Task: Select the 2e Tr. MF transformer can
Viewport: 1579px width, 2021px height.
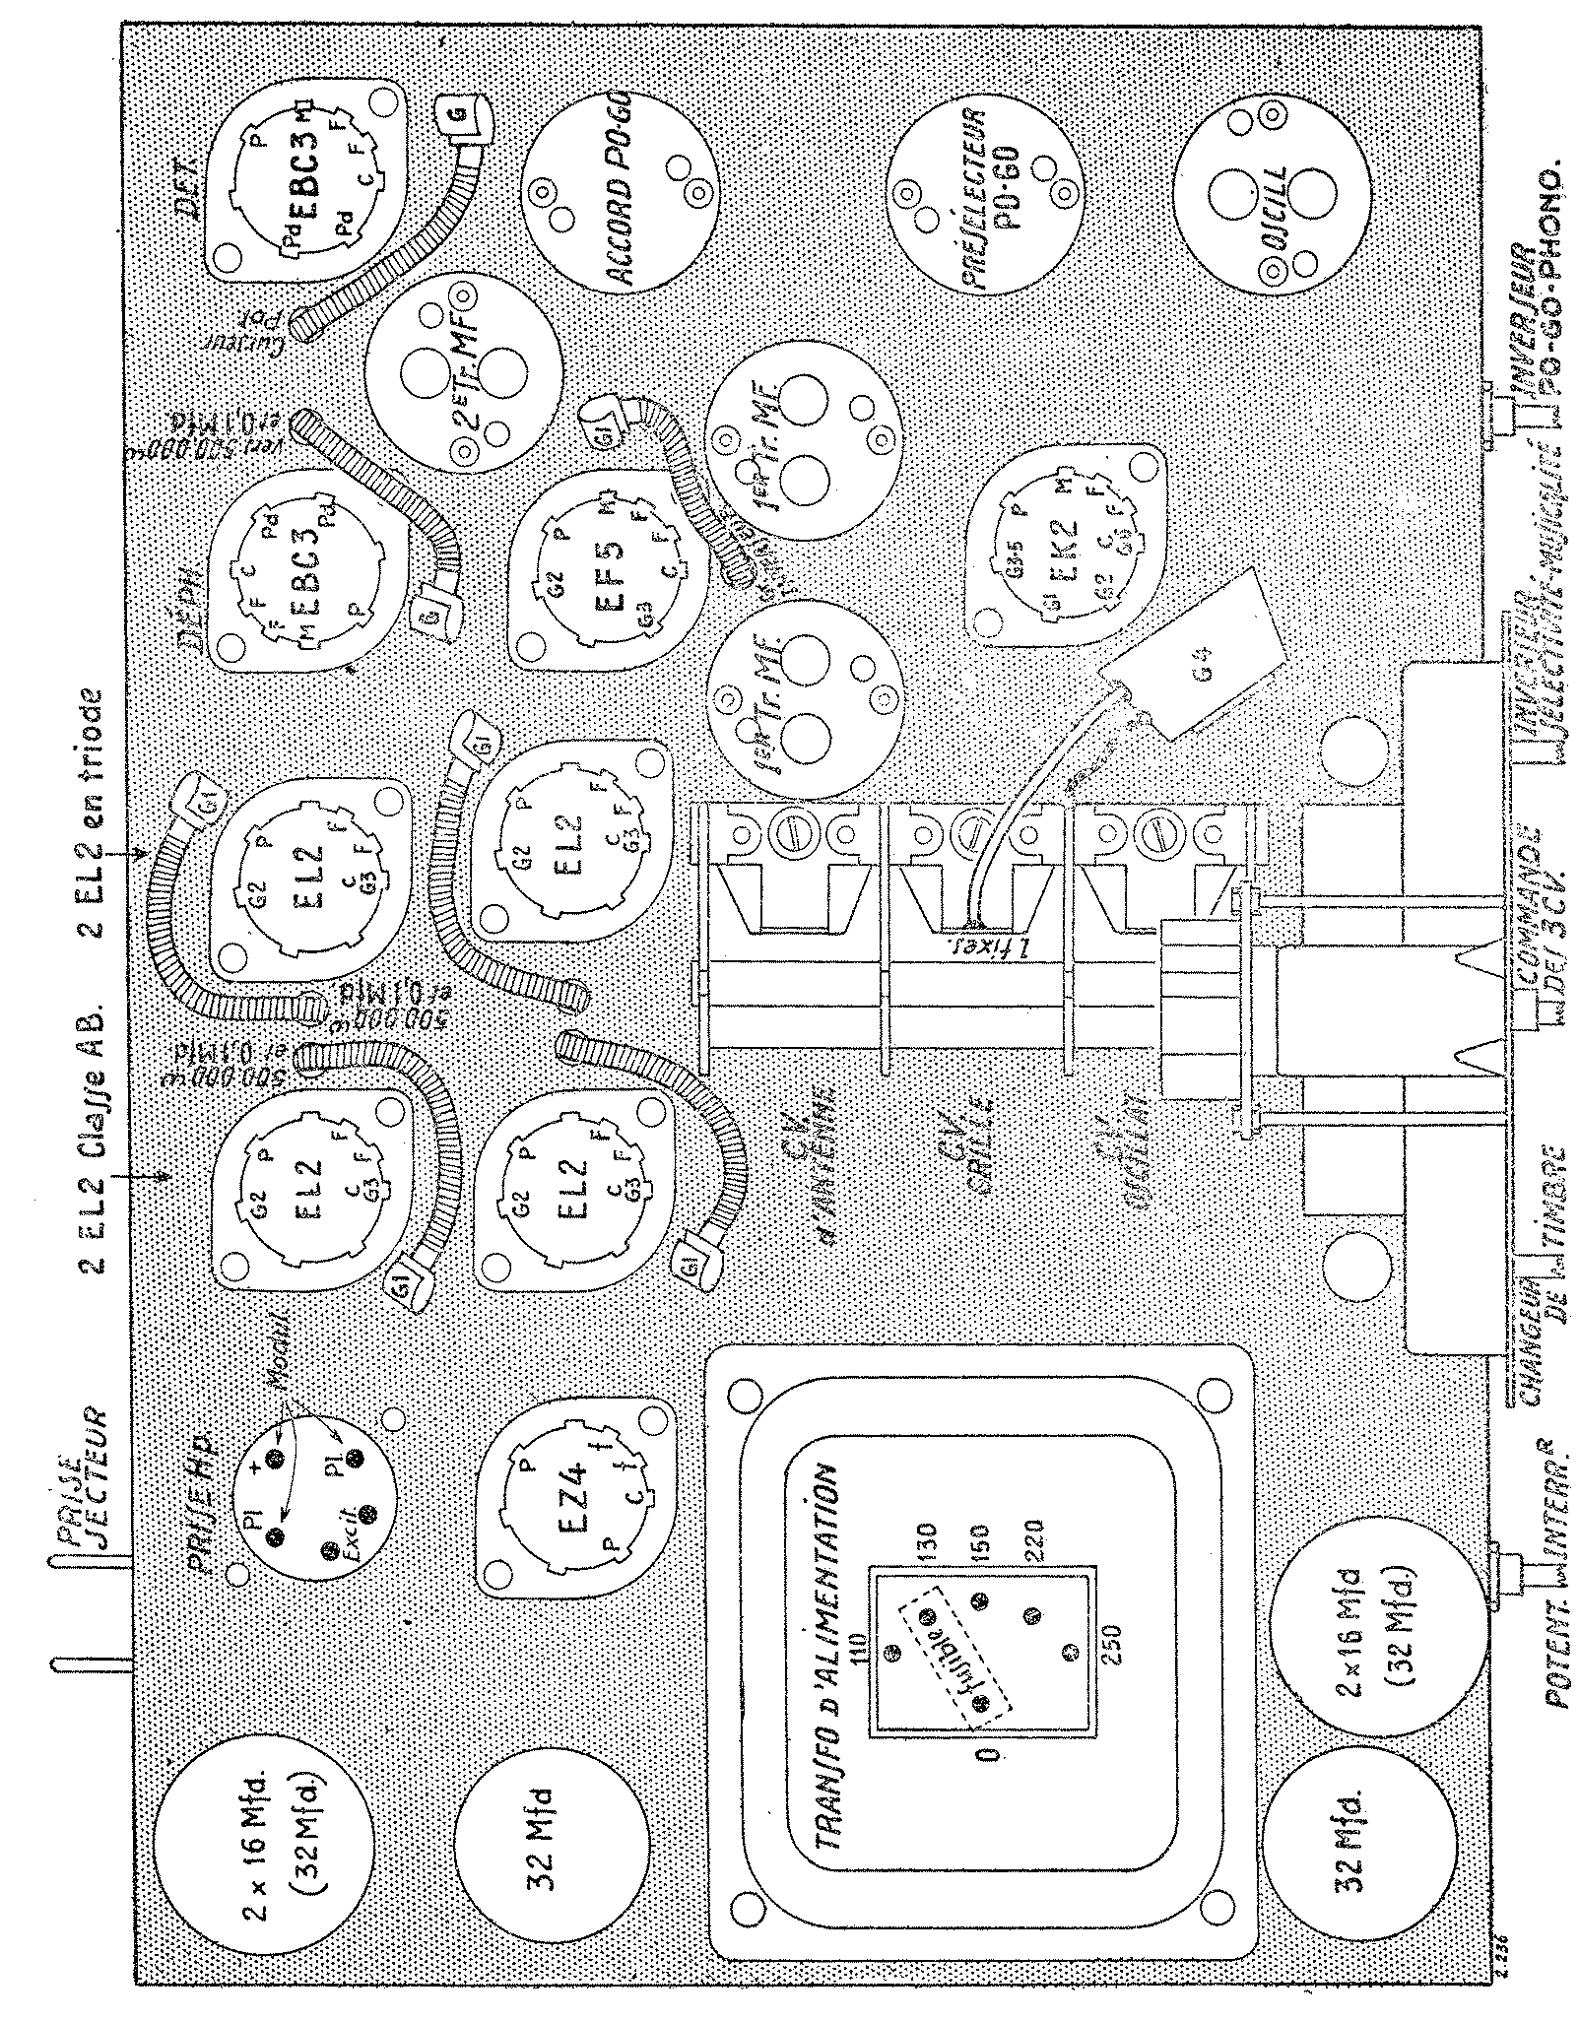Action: tap(465, 370)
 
